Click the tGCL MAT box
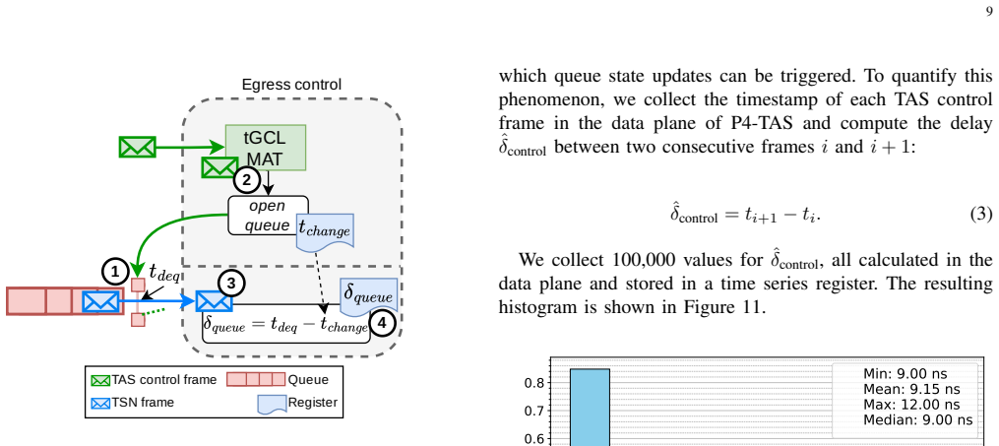coord(266,148)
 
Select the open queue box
coord(269,216)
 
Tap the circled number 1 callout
coord(115,272)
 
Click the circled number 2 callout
coord(247,179)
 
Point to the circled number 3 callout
coord(232,284)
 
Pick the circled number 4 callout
coord(382,323)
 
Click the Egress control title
coord(291,85)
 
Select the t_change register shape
coord(325,231)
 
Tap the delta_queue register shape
coord(369,297)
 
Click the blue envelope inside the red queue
coord(100,301)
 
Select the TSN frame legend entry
coord(133,403)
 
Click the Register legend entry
coord(297,404)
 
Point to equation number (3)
coord(981,214)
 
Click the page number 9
coord(989,14)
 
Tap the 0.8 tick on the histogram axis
coord(533,383)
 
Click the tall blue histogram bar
coord(590,408)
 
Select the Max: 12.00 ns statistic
coord(911,405)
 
